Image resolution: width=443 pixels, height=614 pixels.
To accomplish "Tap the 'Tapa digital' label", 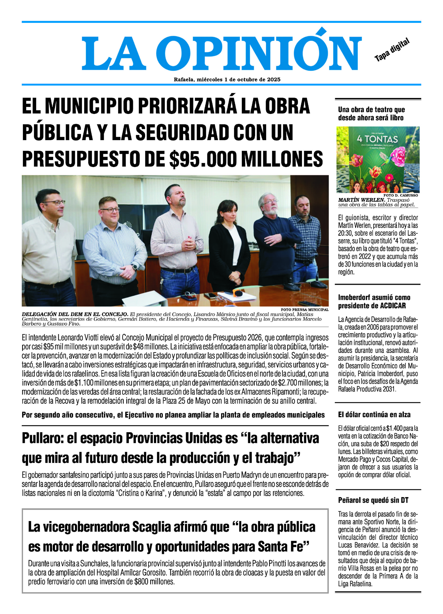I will point(392,50).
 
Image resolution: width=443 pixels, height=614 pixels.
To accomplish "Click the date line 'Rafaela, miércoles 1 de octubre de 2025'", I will point(227,79).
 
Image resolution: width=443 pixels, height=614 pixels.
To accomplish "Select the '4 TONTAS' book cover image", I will point(378,159).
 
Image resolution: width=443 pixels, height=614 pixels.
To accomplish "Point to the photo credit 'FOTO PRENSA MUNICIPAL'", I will point(304,309).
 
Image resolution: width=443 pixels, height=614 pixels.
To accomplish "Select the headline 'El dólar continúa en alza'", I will point(374,414).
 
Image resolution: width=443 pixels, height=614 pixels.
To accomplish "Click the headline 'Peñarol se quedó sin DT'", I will point(373,500).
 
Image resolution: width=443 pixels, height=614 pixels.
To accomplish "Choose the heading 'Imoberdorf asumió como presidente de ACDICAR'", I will point(374,301).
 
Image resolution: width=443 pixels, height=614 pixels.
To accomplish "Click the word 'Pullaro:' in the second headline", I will point(42,438).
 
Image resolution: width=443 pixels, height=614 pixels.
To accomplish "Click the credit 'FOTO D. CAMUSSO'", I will point(401,195).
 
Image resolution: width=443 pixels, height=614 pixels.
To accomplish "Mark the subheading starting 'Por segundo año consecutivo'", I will point(173,415).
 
